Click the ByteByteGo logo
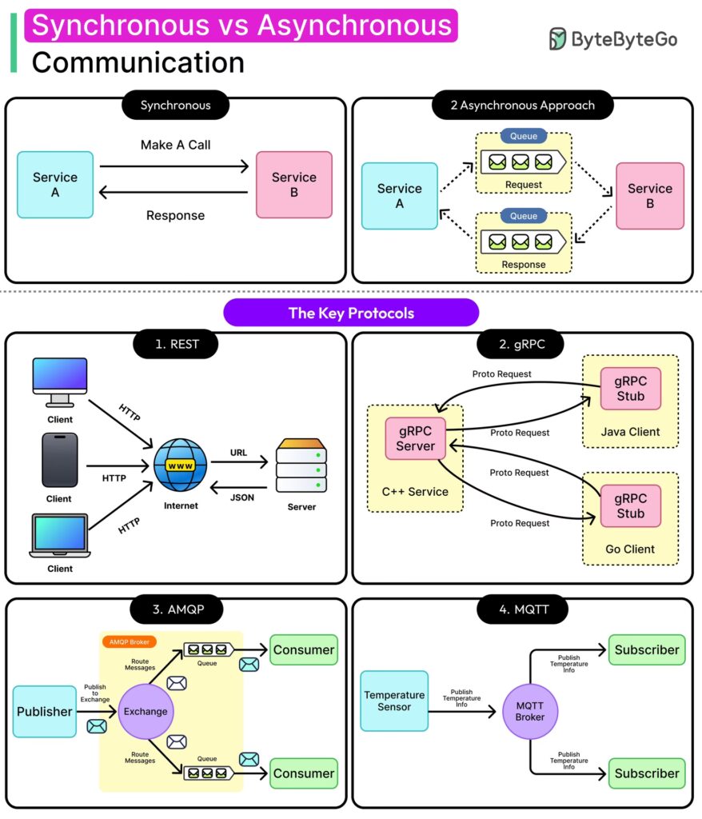tap(613, 38)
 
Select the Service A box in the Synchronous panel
tap(55, 185)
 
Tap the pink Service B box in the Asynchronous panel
tap(649, 196)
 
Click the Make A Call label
tap(175, 145)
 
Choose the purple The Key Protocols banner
tap(351, 313)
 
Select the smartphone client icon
tap(59, 460)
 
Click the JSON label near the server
tap(241, 497)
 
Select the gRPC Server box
tap(415, 438)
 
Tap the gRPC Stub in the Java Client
tap(630, 389)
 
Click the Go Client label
tap(630, 549)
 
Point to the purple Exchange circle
tap(146, 711)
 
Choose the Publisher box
tap(45, 711)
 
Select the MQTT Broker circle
tap(529, 711)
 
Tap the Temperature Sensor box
tap(394, 701)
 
